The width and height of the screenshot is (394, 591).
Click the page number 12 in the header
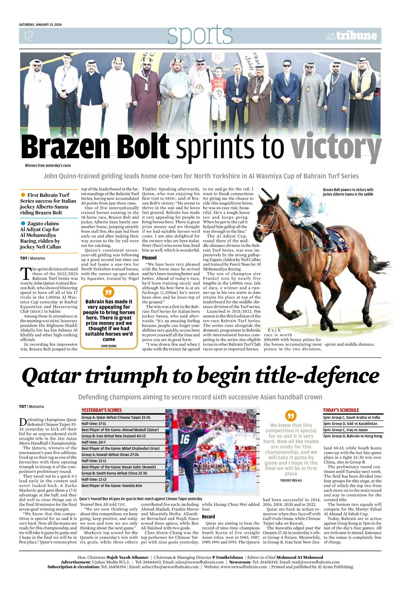28,36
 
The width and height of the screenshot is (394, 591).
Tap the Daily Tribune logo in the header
351,36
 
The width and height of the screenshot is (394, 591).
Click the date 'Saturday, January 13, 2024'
40,25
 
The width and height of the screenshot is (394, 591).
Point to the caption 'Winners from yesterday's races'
48,165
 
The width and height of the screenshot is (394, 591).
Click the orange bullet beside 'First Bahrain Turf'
23,195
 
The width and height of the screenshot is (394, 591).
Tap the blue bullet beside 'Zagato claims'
23,223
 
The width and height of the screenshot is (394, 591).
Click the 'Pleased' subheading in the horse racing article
149,258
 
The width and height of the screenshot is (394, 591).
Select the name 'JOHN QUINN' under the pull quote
108,346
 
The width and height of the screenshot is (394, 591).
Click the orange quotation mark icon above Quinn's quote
108,292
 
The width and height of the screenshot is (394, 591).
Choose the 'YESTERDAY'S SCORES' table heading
102,410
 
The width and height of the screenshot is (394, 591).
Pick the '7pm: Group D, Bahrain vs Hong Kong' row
353,436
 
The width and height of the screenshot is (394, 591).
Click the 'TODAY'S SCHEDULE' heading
341,410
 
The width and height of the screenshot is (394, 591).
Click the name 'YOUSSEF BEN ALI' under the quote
291,480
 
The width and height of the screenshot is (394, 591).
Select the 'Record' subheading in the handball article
208,516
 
